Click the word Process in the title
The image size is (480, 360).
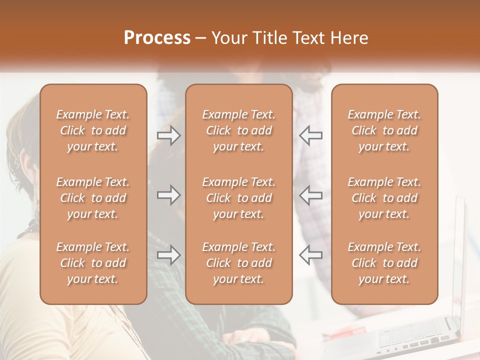point(157,38)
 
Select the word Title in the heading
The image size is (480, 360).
point(271,38)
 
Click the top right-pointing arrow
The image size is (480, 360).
point(169,135)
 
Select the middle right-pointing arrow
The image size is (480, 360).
point(169,195)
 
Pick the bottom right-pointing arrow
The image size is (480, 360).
point(169,255)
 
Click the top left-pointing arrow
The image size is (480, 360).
point(311,135)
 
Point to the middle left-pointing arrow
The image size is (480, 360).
point(311,195)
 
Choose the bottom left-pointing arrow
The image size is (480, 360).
point(311,255)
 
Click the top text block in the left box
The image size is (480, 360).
point(93,130)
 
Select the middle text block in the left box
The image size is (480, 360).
point(93,198)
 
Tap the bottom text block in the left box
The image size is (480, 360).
point(93,263)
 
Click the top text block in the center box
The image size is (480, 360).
point(239,130)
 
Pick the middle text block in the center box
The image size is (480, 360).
point(239,198)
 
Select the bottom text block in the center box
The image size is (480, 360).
point(239,263)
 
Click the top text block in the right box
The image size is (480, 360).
point(384,130)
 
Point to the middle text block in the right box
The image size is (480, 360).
point(384,198)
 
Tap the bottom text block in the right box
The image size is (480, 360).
point(384,263)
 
